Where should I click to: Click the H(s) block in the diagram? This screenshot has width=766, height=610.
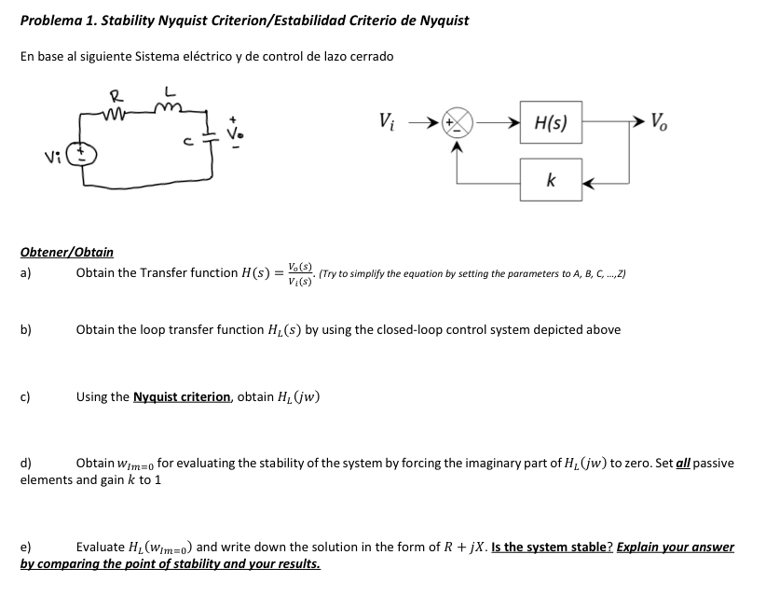pyautogui.click(x=552, y=121)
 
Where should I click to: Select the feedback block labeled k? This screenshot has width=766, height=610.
pyautogui.click(x=552, y=183)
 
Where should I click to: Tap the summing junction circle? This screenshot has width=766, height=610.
pyautogui.click(x=459, y=122)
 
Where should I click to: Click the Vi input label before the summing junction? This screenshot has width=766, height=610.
pyautogui.click(x=389, y=121)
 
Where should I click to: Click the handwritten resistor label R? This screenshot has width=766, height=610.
pyautogui.click(x=116, y=94)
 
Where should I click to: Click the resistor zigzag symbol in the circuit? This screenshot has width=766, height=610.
pyautogui.click(x=120, y=112)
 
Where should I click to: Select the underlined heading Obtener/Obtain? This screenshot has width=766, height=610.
pyautogui.click(x=67, y=252)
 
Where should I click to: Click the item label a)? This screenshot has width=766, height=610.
pyautogui.click(x=26, y=273)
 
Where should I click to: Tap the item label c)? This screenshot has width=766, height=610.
pyautogui.click(x=26, y=397)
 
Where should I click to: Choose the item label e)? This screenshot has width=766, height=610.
pyautogui.click(x=26, y=548)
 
